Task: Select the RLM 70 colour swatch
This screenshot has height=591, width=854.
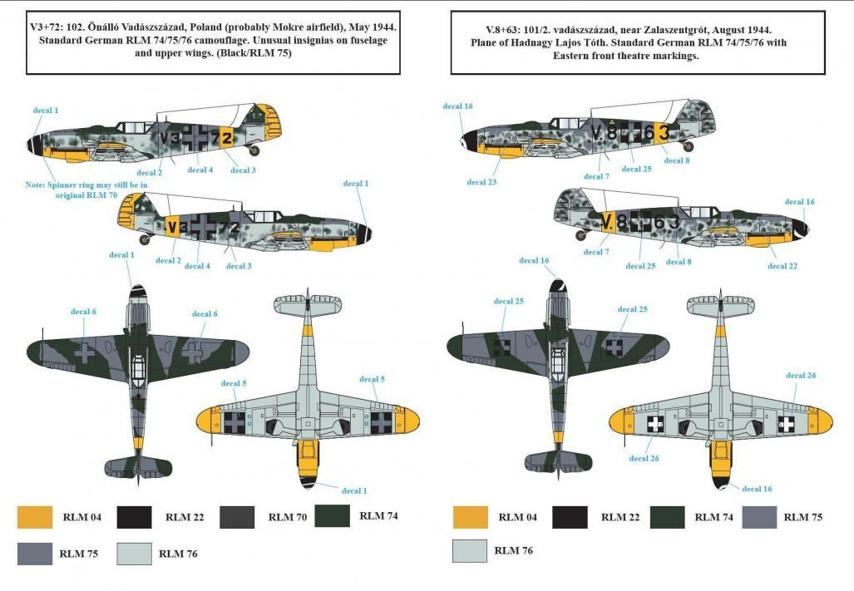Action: tap(237, 517)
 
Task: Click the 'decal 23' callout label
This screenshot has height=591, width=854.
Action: tap(481, 182)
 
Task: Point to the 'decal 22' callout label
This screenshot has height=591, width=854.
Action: tap(782, 266)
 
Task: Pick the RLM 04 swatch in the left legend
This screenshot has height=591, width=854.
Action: tap(34, 517)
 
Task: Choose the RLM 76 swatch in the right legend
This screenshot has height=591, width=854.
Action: tap(469, 550)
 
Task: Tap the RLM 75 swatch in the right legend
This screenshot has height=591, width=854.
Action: tap(758, 516)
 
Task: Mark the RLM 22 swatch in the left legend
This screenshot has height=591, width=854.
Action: tap(135, 517)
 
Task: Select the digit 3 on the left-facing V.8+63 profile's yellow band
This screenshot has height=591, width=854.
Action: tap(663, 131)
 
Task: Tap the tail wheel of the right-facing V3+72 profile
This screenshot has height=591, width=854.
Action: tap(150, 240)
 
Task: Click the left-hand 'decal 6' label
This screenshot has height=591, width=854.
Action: tap(83, 312)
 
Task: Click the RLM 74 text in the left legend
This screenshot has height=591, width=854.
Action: tap(378, 515)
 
